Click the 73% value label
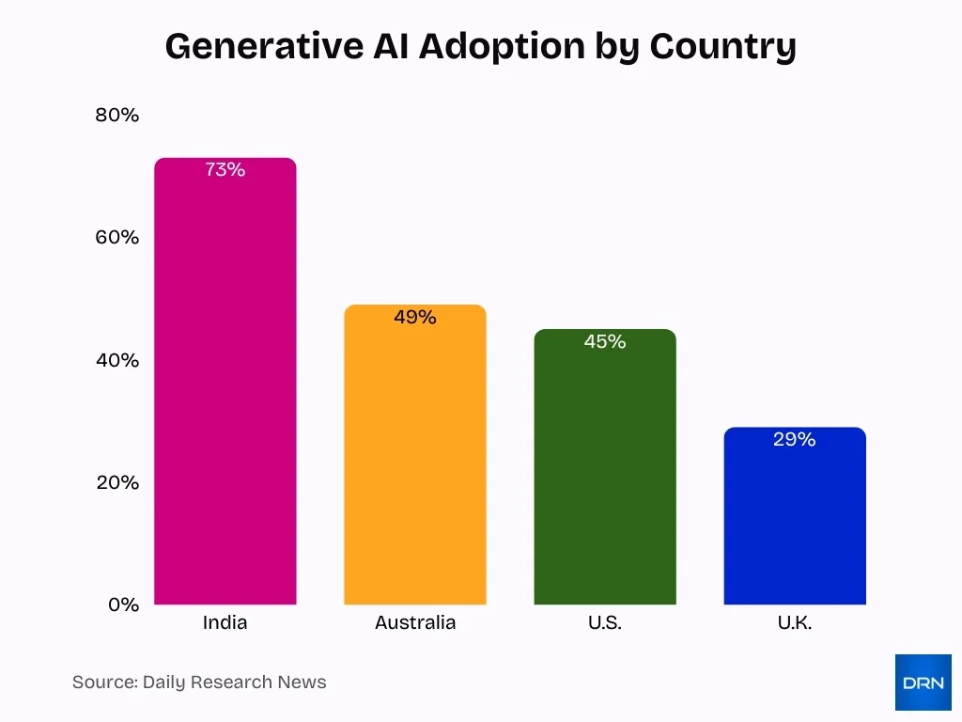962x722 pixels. pos(225,170)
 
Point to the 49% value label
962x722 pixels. pos(415,318)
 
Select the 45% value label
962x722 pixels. pos(605,342)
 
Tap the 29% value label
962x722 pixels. pos(795,439)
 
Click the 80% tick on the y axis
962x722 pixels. pos(117,116)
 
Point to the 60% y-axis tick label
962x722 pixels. pos(117,238)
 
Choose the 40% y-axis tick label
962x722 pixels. pos(117,360)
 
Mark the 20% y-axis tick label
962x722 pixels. pos(117,482)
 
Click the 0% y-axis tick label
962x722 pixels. pos(123,604)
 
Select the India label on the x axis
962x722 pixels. pos(225,622)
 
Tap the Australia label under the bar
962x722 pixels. pos(415,622)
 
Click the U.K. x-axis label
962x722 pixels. pos(795,622)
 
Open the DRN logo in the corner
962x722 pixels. pos(923,683)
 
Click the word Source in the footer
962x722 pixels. pos(103,683)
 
